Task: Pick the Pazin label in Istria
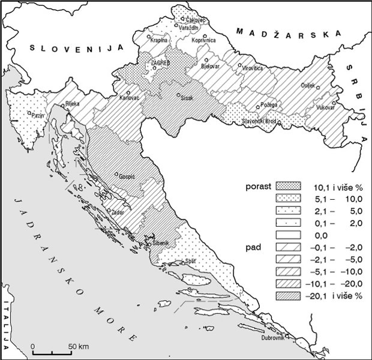[x=22, y=114]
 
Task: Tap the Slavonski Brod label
[x=258, y=121]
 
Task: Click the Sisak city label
[x=187, y=100]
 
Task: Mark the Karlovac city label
[x=130, y=97]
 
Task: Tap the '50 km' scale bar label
[x=79, y=346]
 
